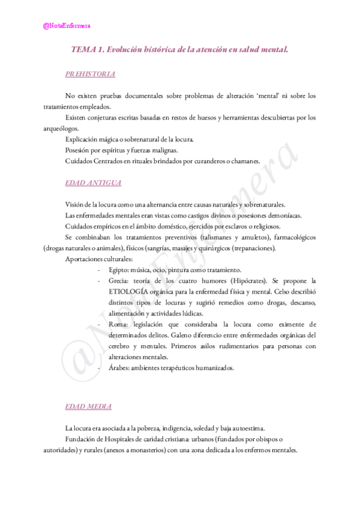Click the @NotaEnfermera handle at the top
[67, 26]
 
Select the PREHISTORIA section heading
[90, 74]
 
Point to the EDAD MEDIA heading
[88, 406]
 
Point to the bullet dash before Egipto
[98, 270]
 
